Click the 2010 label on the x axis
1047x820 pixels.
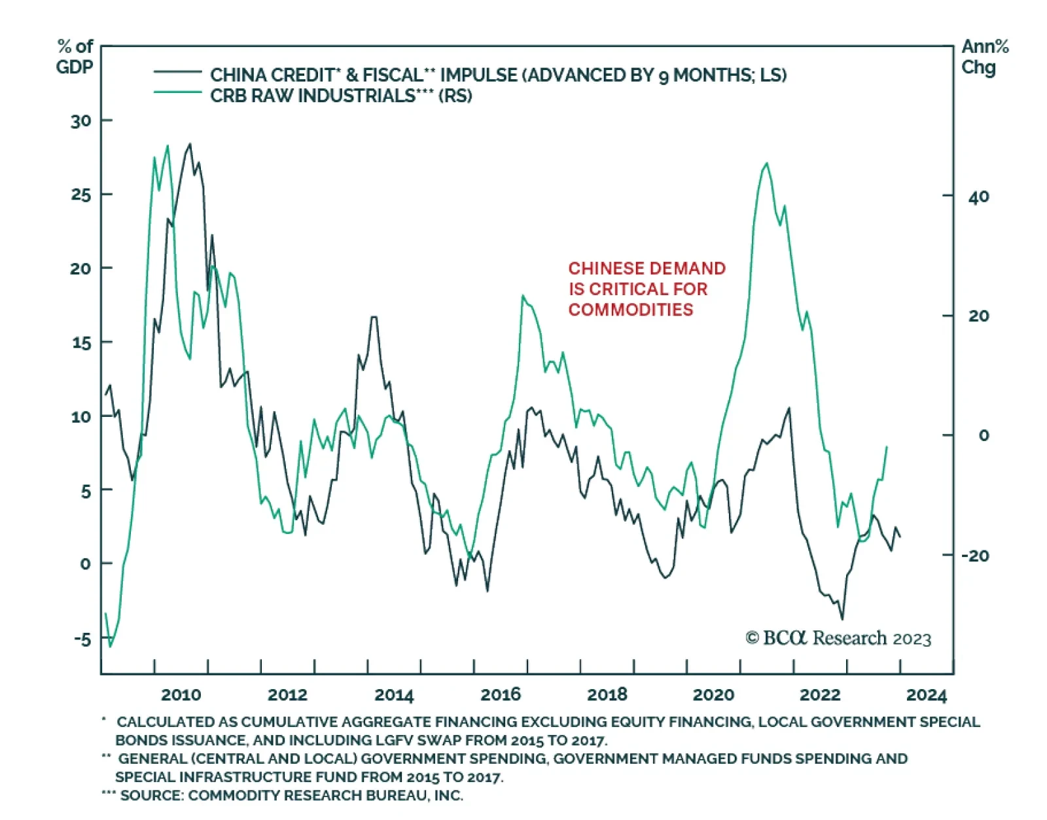coord(181,694)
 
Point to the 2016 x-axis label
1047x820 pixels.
coord(501,694)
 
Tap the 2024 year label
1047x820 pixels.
coord(927,694)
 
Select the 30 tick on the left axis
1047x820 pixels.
coord(81,121)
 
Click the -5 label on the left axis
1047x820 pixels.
coord(82,639)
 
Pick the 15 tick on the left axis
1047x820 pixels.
coord(81,343)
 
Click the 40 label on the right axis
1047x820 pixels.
coord(978,196)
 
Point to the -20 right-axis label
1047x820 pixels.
coord(975,556)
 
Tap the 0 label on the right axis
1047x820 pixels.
coord(984,436)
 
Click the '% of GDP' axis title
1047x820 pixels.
coord(75,57)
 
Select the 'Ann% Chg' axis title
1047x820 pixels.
coord(984,57)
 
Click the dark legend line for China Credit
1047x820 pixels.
coord(177,71)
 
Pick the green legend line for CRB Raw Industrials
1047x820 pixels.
coord(177,92)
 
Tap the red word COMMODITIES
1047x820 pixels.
coord(630,310)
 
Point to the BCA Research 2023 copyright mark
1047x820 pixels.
coord(838,638)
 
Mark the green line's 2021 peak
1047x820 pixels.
coord(766,164)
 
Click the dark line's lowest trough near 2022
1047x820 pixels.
coord(842,618)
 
